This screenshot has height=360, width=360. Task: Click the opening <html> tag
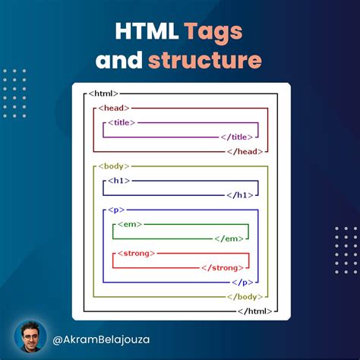(x=103, y=93)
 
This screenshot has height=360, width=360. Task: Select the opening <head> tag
(x=113, y=108)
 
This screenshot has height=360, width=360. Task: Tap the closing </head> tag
(x=245, y=151)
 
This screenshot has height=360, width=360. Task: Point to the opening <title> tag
(x=122, y=122)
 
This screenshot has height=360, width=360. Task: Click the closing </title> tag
(x=235, y=137)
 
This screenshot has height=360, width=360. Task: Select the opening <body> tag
(x=114, y=166)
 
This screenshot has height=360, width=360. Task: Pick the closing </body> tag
(x=244, y=296)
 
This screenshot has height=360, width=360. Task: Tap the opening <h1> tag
(x=119, y=180)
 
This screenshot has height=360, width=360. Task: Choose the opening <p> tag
(x=116, y=209)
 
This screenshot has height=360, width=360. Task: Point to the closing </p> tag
(x=240, y=282)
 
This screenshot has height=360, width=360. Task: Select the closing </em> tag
(x=229, y=238)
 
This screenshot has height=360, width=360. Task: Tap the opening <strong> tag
(x=137, y=253)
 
